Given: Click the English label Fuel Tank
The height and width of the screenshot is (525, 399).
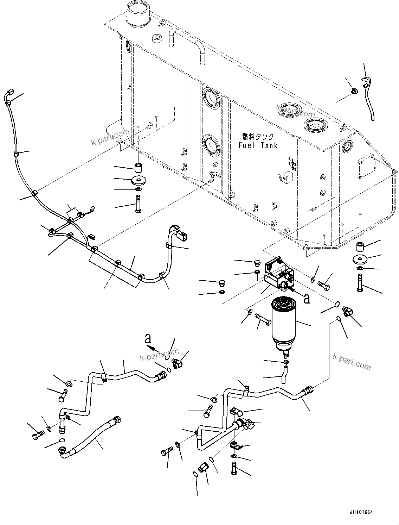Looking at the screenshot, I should tap(258, 145).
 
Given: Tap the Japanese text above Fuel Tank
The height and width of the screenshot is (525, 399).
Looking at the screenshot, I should tap(258, 136).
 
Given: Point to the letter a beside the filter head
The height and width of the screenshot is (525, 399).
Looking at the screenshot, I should tap(307, 299).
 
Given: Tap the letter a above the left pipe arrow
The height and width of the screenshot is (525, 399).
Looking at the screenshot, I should tap(148, 339).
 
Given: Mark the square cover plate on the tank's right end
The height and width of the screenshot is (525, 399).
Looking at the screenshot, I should tap(366, 167).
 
